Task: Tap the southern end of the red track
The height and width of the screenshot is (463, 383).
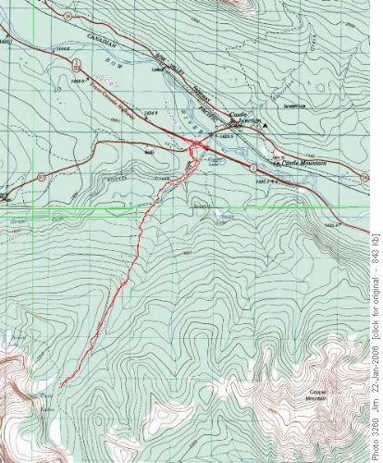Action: point(60,410)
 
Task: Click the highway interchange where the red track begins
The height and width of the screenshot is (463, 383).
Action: point(196,145)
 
